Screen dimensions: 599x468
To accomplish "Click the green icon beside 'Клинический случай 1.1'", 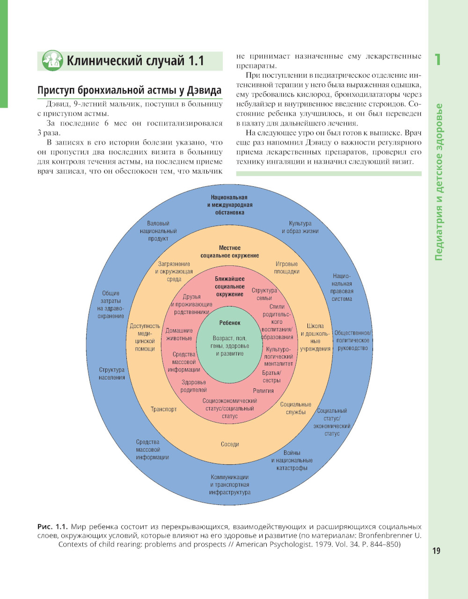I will pyautogui.click(x=52, y=61).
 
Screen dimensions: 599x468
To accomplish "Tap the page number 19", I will pyautogui.click(x=436, y=551).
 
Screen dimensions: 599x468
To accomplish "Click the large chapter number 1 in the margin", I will pyautogui.click(x=438, y=60).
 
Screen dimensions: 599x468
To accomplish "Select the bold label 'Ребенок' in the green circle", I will pyautogui.click(x=230, y=323).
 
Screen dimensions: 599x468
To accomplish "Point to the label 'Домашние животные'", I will pyautogui.click(x=179, y=334).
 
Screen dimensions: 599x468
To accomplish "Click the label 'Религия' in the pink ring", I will pyautogui.click(x=263, y=390).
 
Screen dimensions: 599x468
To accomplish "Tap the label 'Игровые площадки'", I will pyautogui.click(x=286, y=268).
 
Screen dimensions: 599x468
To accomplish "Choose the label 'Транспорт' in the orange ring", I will pyautogui.click(x=164, y=409).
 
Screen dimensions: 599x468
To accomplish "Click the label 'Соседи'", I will pyautogui.click(x=230, y=444).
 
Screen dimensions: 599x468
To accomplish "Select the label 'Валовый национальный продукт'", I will pyautogui.click(x=158, y=231).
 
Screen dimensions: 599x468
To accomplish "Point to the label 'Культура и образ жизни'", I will pyautogui.click(x=300, y=227).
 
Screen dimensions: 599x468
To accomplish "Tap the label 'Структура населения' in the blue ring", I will pyautogui.click(x=112, y=373).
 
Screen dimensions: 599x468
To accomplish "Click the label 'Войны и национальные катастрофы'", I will pyautogui.click(x=292, y=460).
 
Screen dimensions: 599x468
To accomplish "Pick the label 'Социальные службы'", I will pyautogui.click(x=296, y=408).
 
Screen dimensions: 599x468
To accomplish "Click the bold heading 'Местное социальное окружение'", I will pyautogui.click(x=230, y=252).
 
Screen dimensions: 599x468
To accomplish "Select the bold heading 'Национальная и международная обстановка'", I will pyautogui.click(x=229, y=205).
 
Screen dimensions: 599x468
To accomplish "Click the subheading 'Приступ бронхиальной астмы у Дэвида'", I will pyautogui.click(x=129, y=90).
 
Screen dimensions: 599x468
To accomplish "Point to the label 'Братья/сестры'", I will pyautogui.click(x=271, y=377).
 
